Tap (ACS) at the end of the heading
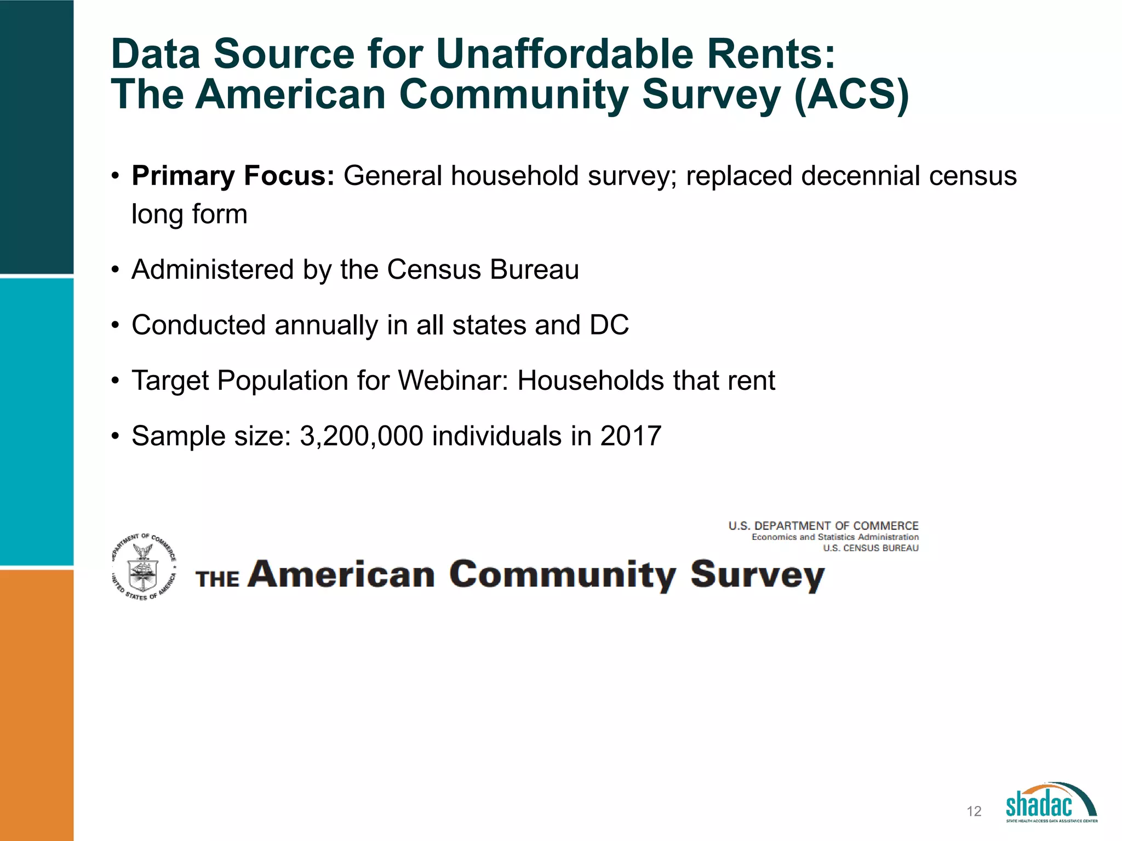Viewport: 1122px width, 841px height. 851,95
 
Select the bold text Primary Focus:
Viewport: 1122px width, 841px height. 233,176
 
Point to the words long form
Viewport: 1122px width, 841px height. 190,214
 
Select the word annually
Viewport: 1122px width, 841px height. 326,325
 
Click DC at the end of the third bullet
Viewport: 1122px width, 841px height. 609,325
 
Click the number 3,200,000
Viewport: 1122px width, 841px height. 362,436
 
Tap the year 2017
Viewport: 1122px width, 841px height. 631,436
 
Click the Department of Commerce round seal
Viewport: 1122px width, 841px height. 144,567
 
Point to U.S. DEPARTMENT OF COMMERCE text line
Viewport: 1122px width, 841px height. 823,526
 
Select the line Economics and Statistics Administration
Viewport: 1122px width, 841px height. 835,537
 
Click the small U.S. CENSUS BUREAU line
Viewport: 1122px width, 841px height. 871,548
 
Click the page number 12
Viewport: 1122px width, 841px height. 974,811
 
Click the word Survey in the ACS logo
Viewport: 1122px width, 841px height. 757,575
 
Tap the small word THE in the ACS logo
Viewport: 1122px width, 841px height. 217,579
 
